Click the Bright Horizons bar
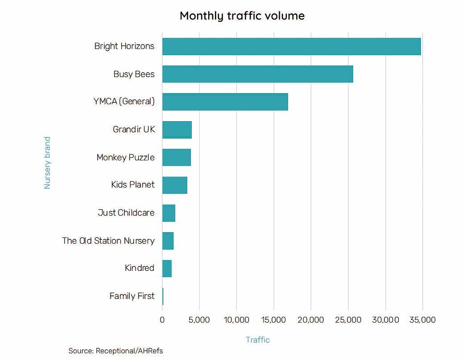click(x=291, y=46)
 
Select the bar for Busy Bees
click(x=257, y=74)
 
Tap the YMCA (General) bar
click(x=225, y=102)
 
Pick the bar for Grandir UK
click(x=177, y=130)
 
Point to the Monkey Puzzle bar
click(x=176, y=157)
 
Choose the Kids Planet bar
click(x=174, y=185)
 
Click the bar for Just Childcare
click(x=169, y=213)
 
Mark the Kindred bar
click(x=167, y=268)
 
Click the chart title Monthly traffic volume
click(x=242, y=16)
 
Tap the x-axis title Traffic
click(x=258, y=340)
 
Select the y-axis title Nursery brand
click(x=47, y=163)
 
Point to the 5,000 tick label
click(x=199, y=319)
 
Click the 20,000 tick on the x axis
click(x=311, y=319)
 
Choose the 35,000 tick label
click(x=422, y=319)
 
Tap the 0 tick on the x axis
click(x=162, y=319)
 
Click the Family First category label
click(x=132, y=296)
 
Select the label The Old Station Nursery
click(x=108, y=241)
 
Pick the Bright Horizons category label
click(x=124, y=46)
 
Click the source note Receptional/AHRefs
click(x=115, y=351)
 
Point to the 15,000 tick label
click(x=273, y=319)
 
